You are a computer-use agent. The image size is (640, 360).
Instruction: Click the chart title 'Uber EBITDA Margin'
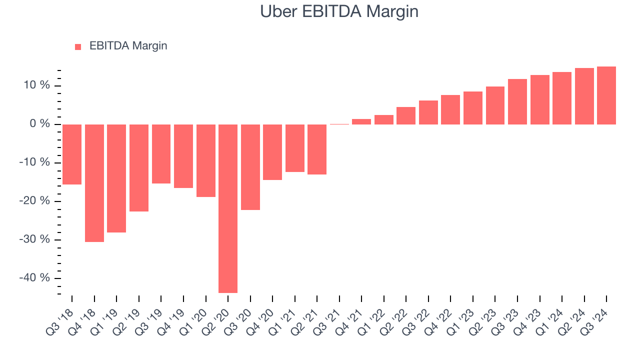(339, 11)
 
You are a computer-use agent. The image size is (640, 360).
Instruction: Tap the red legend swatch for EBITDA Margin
(78, 46)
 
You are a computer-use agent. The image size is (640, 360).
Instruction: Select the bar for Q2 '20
(228, 208)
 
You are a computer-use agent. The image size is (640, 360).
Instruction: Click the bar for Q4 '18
(94, 183)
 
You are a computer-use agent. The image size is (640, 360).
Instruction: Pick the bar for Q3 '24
(606, 95)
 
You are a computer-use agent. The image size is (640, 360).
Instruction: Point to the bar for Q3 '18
(72, 154)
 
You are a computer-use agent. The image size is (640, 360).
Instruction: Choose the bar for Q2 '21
(317, 149)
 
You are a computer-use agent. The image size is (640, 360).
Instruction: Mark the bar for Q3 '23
(517, 101)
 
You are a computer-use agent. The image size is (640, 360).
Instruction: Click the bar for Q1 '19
(116, 178)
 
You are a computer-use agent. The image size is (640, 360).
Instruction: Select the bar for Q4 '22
(450, 109)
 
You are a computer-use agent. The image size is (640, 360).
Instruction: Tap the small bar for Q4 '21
(361, 121)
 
